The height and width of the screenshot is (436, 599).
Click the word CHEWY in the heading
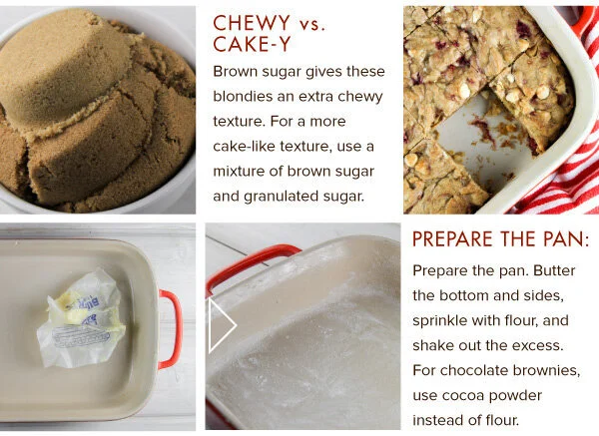coord(252,23)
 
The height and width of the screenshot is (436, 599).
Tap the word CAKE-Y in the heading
coord(252,44)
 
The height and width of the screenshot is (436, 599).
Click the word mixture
coord(239,171)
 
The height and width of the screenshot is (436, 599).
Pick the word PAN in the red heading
coord(566,239)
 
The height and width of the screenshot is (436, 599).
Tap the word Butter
coord(554,270)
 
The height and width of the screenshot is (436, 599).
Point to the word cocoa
coord(463,395)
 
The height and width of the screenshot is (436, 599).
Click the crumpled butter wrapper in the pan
coord(82,319)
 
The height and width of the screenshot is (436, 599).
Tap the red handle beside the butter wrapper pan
coord(171,329)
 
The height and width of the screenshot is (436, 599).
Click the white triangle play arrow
coord(222,325)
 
